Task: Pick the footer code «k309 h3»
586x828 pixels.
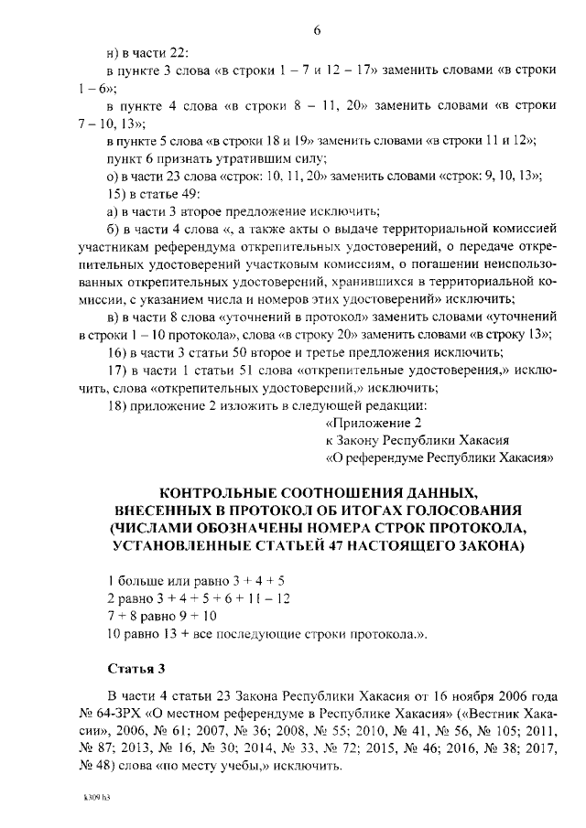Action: coord(96,797)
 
